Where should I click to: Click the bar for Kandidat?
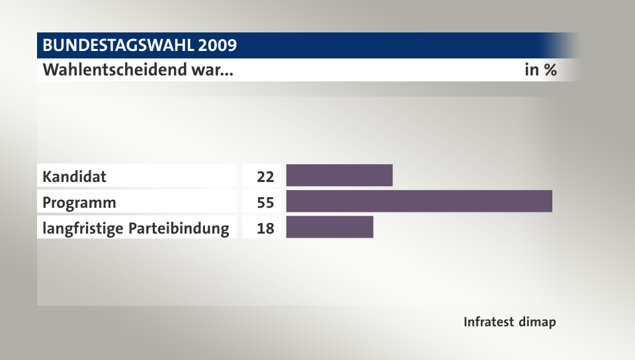click(x=339, y=175)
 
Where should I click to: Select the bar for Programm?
click(x=419, y=201)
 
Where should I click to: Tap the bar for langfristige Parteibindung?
click(x=329, y=227)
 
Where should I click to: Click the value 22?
click(x=265, y=177)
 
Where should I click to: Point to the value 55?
click(x=265, y=202)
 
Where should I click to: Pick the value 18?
click(x=265, y=228)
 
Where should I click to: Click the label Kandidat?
click(x=74, y=177)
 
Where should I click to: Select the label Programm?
click(x=79, y=202)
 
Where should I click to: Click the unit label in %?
click(x=540, y=69)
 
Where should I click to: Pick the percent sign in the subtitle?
click(x=550, y=69)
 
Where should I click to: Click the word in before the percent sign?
click(x=531, y=69)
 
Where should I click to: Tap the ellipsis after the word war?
click(x=227, y=71)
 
